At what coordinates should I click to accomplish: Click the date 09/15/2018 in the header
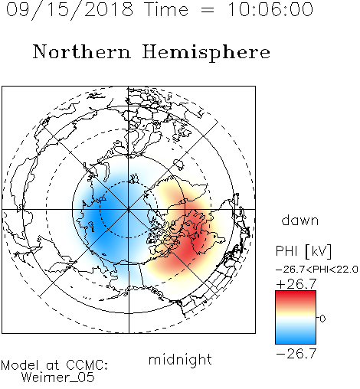tap(70, 10)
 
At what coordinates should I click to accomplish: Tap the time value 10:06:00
tap(270, 10)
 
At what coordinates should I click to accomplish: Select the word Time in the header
tap(166, 10)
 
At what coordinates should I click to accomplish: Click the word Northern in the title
tap(82, 51)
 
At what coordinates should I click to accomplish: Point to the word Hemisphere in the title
tap(206, 53)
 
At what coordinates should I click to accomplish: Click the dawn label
tap(300, 220)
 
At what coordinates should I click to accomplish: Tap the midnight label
tap(180, 359)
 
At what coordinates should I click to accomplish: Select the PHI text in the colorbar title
tap(286, 250)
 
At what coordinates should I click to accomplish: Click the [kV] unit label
tap(319, 251)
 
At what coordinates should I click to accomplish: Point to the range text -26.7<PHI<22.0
tap(317, 270)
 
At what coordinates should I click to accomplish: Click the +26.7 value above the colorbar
tap(296, 284)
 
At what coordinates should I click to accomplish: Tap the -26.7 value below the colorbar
tap(296, 354)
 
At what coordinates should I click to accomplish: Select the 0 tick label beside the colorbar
tap(322, 319)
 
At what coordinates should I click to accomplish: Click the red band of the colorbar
tap(296, 297)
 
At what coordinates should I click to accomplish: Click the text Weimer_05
tap(58, 378)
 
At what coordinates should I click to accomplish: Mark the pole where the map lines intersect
tap(129, 209)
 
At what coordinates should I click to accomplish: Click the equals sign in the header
tap(208, 10)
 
